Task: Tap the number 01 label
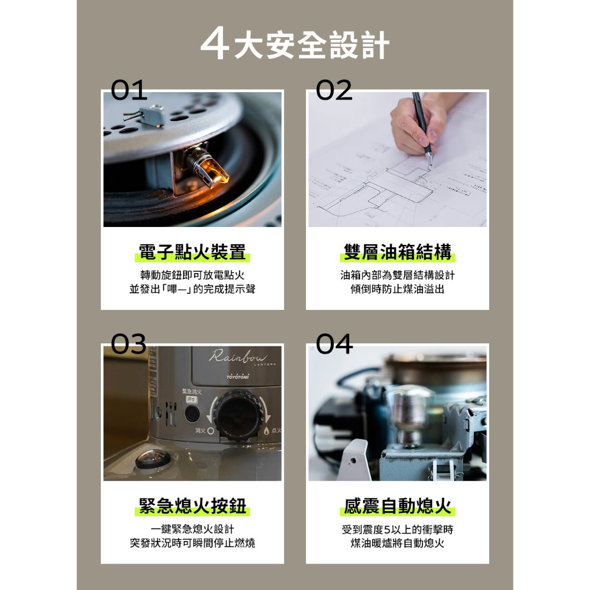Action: click(x=129, y=90)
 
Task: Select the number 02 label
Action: click(x=334, y=90)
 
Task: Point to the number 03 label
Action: click(x=128, y=344)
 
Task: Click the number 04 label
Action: click(x=334, y=344)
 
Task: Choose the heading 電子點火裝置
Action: click(x=192, y=252)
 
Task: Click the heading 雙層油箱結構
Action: click(x=398, y=252)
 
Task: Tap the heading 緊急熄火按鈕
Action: click(x=192, y=506)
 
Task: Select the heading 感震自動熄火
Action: click(x=398, y=506)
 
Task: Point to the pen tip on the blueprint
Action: click(x=430, y=164)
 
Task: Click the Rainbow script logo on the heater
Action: click(x=238, y=356)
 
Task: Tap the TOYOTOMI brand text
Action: click(x=238, y=377)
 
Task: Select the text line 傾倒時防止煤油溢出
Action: click(x=398, y=289)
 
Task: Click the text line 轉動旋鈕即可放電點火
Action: click(x=192, y=275)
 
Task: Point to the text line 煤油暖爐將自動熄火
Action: click(x=398, y=543)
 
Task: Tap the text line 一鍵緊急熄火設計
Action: click(x=192, y=529)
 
